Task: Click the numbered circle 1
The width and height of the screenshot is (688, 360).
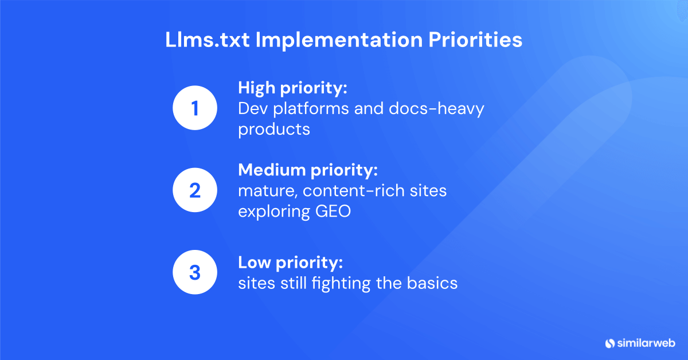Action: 195,108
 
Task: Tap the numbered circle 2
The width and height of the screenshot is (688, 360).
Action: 195,190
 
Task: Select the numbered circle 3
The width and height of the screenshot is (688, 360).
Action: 195,272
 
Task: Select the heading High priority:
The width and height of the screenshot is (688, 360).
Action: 294,88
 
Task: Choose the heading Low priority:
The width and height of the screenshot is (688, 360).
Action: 290,263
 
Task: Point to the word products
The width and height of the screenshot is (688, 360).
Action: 274,129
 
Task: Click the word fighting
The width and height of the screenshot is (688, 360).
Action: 354,283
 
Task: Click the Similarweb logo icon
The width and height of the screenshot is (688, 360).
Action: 609,343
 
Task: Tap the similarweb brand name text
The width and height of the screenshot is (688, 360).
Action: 646,343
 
